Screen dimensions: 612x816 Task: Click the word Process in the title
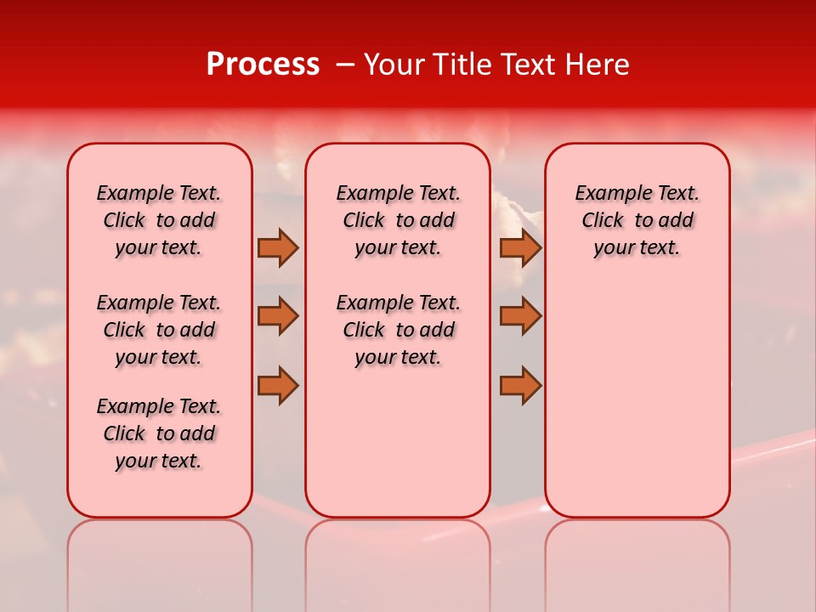click(x=263, y=65)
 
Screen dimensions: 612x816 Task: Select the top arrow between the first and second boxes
click(x=278, y=247)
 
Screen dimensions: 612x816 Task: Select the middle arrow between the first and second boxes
click(x=278, y=316)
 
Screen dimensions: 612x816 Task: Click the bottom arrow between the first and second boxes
click(x=278, y=385)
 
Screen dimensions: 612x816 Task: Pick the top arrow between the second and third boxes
click(x=520, y=247)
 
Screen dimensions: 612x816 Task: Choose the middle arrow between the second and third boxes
click(x=520, y=316)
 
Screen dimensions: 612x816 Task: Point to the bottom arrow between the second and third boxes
click(x=520, y=385)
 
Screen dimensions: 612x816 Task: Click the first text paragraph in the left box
click(x=159, y=220)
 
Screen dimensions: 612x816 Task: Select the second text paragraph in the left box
click(x=159, y=330)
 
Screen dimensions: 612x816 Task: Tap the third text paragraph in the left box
click(x=159, y=433)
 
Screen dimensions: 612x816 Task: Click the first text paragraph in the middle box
click(x=398, y=220)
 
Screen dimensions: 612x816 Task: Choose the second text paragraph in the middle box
click(x=398, y=330)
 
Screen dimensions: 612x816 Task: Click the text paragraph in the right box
click(x=637, y=220)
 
